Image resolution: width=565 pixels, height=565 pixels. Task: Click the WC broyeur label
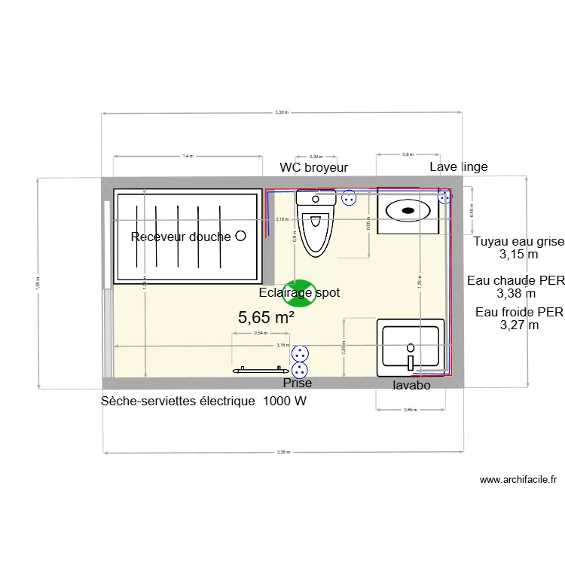click(313, 167)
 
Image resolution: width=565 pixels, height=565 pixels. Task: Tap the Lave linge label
click(458, 166)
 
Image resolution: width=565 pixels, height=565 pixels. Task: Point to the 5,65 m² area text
click(266, 318)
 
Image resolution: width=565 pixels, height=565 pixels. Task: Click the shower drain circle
click(240, 236)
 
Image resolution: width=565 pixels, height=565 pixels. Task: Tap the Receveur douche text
click(181, 237)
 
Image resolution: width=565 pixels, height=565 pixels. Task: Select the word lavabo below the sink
click(411, 385)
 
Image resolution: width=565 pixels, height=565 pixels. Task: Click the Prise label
click(297, 384)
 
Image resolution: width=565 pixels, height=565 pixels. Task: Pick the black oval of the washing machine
click(408, 210)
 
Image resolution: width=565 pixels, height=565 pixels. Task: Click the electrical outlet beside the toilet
click(348, 198)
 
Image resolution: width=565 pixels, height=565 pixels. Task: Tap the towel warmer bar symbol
click(260, 370)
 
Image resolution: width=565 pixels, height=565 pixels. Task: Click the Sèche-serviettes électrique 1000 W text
click(204, 402)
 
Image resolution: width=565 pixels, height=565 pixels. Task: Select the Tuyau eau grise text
click(518, 242)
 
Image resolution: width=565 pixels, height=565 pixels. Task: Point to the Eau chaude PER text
click(515, 281)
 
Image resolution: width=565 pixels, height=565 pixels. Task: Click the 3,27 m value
click(520, 325)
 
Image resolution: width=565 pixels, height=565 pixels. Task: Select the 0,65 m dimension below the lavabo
click(410, 410)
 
